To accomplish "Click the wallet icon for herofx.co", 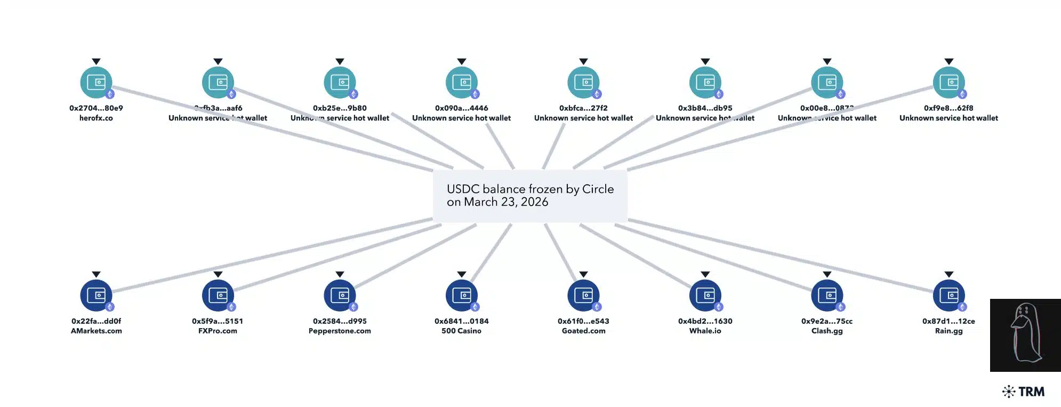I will point(96,83).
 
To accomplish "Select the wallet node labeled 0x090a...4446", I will point(461,83).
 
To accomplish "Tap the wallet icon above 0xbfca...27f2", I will point(583,83).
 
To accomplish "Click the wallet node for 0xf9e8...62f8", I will point(949,83).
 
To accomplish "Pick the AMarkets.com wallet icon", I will point(96,295).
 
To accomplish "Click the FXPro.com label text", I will point(218,331).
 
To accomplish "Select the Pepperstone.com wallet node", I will point(340,295).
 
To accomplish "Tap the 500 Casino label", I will point(461,331).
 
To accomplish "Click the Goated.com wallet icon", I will point(583,295).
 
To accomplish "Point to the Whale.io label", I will point(705,331).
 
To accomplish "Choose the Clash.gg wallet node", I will point(827,295).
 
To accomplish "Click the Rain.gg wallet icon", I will point(949,295).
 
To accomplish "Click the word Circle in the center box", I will point(598,189).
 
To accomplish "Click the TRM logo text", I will point(1031,392).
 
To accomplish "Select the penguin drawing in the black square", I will point(1025,335).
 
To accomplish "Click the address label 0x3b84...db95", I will point(705,108).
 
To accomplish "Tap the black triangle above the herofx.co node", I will point(96,62).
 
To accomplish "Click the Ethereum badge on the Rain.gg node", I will point(962,307).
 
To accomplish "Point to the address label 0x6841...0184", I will point(461,321).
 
